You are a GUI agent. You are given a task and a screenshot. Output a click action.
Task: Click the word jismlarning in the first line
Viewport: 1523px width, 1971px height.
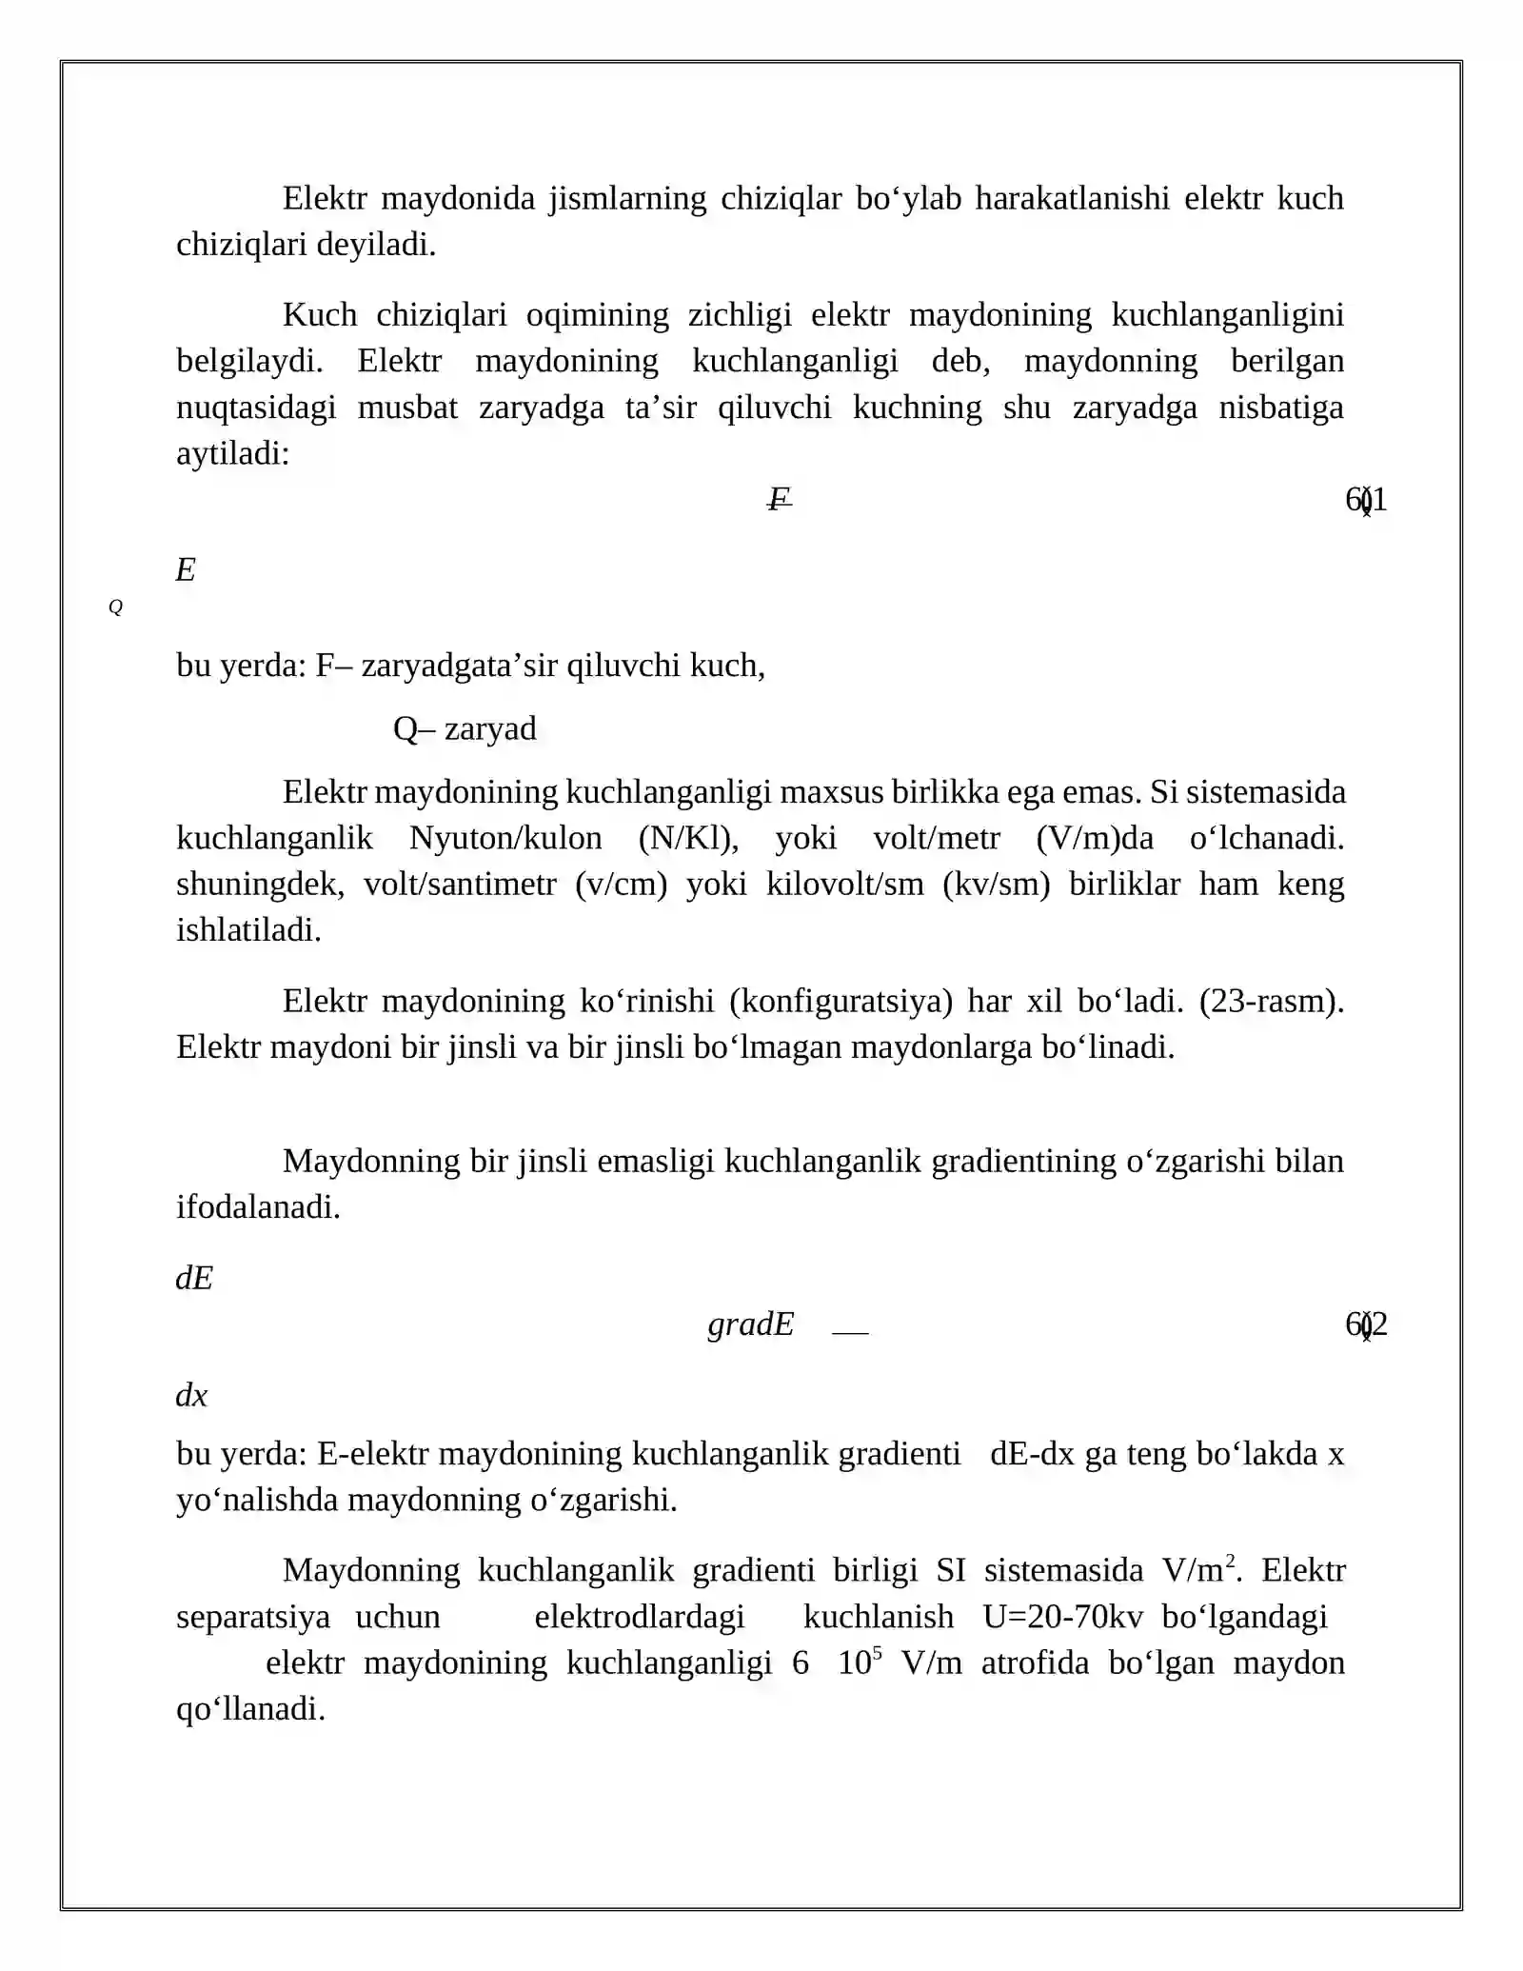(627, 199)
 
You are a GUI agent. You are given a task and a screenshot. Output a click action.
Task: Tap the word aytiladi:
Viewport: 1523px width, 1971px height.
(232, 454)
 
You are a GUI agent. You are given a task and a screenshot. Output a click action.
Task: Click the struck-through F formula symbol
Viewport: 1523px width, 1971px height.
(780, 498)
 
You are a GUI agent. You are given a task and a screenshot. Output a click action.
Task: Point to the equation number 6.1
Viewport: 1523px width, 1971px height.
(1366, 499)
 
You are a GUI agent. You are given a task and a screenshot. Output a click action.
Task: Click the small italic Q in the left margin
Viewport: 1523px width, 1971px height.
(115, 607)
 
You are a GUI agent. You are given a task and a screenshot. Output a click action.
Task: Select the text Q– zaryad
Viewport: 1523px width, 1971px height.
(465, 728)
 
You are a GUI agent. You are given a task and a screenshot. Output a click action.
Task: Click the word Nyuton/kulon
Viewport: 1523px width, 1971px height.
(505, 838)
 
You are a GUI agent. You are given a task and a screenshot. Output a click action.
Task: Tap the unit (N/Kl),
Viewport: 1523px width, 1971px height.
(688, 838)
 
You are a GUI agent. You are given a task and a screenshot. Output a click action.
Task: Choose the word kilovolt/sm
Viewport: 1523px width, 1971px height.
(845, 885)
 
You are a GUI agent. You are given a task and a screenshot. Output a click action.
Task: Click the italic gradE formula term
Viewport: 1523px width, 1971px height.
(750, 1324)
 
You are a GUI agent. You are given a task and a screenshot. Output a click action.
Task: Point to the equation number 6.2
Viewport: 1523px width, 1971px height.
(1366, 1324)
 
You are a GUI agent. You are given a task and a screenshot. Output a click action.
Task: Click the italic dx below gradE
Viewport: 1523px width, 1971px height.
(191, 1396)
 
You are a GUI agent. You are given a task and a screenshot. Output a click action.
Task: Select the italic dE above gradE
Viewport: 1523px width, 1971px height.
(194, 1278)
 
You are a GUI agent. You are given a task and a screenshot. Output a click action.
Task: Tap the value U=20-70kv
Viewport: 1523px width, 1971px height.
(1062, 1617)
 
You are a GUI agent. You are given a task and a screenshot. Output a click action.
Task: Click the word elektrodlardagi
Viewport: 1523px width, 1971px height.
(640, 1617)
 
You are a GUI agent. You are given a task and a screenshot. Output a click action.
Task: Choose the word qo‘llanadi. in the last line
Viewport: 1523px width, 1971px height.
(250, 1709)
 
